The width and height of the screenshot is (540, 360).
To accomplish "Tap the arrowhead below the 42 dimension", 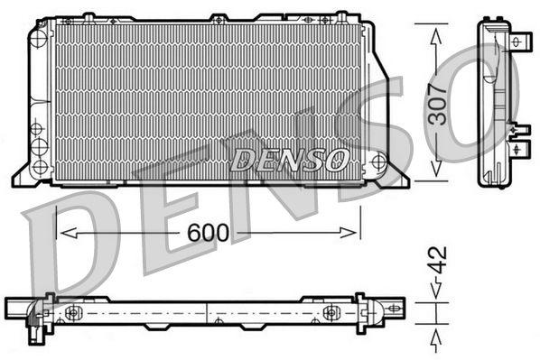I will (x=437, y=337).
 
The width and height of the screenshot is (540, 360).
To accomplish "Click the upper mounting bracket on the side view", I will (x=520, y=42).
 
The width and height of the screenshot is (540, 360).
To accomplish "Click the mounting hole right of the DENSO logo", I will (x=377, y=162).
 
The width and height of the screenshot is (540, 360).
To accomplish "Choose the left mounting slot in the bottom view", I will (x=72, y=313).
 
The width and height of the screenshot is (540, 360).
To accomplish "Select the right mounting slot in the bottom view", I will (x=331, y=313).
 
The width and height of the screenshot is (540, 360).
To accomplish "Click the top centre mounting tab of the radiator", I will (x=218, y=17).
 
